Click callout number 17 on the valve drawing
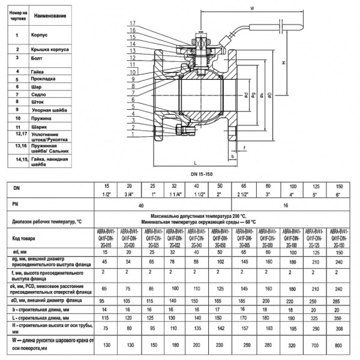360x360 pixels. tap(131, 23)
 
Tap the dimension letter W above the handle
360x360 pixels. tap(251, 8)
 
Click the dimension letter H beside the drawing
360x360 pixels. tap(282, 63)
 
